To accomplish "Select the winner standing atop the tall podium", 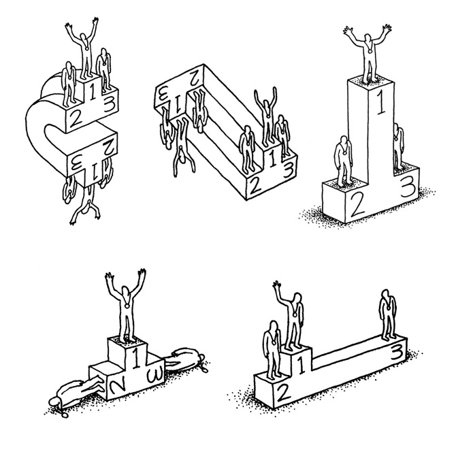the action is click(368, 53).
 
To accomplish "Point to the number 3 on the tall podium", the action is click(408, 187).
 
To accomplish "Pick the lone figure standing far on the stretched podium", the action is click(387, 314).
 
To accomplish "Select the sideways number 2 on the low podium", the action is click(118, 386).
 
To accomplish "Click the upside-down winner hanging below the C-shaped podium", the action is click(86, 203).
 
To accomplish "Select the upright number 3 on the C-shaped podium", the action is click(108, 105).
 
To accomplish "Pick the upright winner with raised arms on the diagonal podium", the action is click(266, 116).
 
